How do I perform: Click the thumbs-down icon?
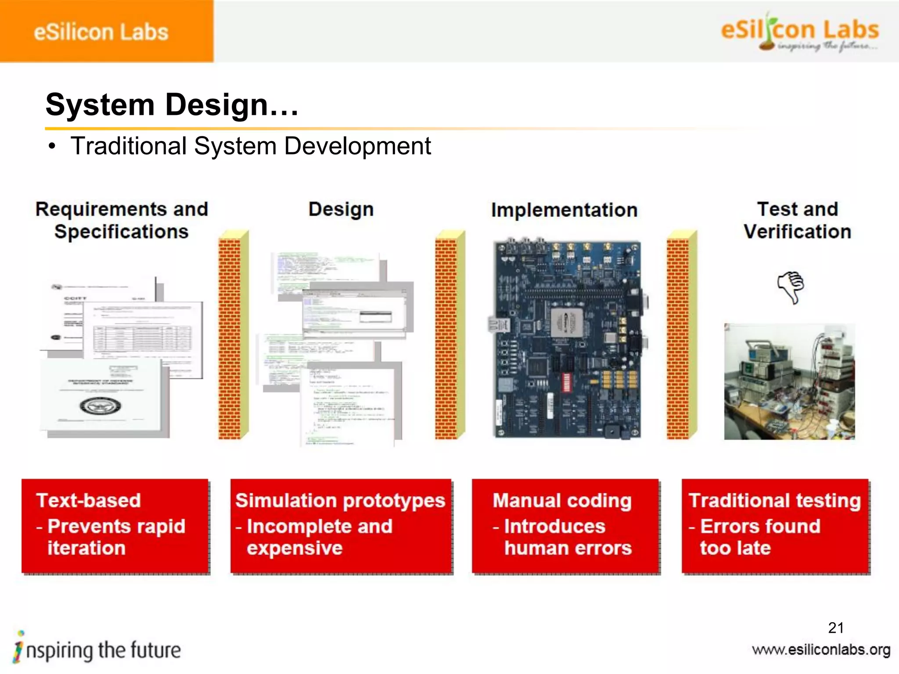[x=791, y=287]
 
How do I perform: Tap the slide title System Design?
[x=172, y=105]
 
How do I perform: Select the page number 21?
[x=835, y=628]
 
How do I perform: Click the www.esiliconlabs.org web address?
[x=821, y=650]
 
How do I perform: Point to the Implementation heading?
[x=564, y=210]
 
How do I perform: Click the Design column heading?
[x=341, y=209]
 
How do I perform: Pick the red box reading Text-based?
[x=115, y=526]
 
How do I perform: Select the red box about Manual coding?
[x=565, y=526]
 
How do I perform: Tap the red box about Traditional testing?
[x=775, y=526]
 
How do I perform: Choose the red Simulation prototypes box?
[x=341, y=526]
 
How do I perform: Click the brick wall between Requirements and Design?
[x=233, y=336]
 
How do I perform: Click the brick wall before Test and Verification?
[x=681, y=336]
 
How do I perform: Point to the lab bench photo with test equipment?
[x=789, y=382]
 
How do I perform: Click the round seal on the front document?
[x=101, y=406]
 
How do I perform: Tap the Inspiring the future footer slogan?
[x=97, y=650]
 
